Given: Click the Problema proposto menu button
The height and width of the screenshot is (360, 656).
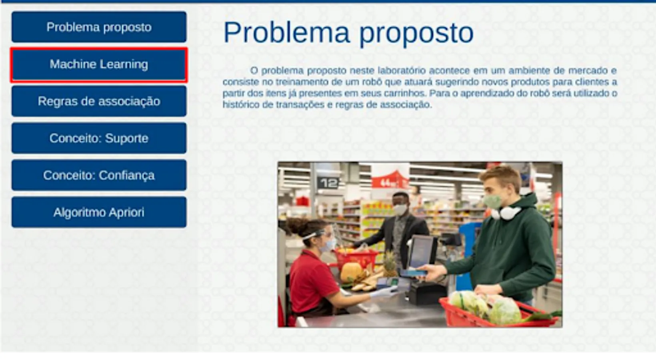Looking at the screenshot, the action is [x=99, y=27].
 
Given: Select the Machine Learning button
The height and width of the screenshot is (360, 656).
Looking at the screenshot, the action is [x=99, y=64].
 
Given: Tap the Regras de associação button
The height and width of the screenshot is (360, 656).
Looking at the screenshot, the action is [x=99, y=101].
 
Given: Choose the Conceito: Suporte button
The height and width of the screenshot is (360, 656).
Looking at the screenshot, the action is [x=99, y=138].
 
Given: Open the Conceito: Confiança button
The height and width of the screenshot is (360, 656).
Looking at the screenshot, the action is [x=99, y=175].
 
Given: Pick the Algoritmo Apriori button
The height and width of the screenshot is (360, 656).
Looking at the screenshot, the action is [x=99, y=212].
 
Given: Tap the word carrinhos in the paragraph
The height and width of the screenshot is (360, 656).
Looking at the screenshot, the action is [x=404, y=94].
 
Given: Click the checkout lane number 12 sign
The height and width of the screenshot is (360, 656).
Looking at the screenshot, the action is [x=328, y=183].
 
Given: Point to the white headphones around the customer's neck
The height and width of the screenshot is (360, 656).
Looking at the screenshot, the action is [x=506, y=212].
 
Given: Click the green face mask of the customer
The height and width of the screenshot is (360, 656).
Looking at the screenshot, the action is [x=492, y=202].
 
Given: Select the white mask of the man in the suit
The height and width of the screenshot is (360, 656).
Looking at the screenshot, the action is [x=400, y=209].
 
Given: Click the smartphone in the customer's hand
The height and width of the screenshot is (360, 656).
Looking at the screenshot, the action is [x=414, y=273].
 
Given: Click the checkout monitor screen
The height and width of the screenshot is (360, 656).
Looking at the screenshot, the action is [x=421, y=251].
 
